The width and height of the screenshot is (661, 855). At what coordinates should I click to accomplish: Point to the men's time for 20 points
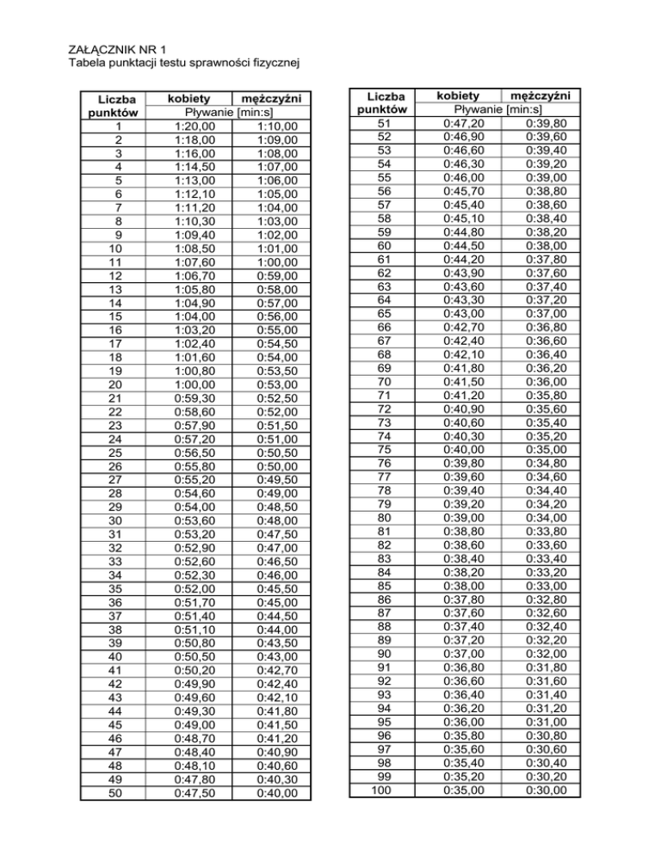click(x=277, y=384)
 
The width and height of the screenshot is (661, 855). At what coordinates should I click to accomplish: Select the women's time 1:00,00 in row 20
click(x=188, y=384)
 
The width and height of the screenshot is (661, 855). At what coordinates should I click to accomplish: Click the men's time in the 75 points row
click(x=547, y=449)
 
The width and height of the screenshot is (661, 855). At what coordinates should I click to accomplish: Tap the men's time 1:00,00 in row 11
click(x=277, y=262)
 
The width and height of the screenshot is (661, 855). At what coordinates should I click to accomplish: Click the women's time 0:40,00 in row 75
click(x=456, y=449)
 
